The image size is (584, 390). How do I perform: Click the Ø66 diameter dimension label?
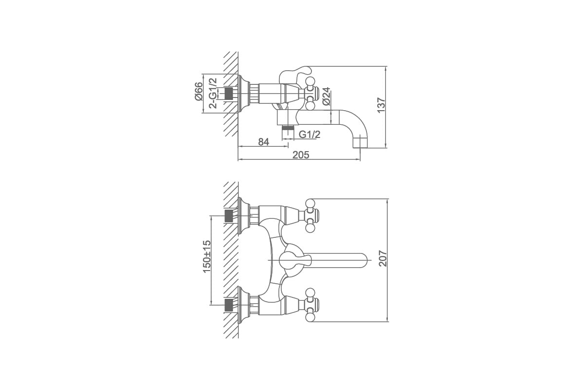tap(199, 91)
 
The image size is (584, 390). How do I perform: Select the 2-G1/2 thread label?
tap(213, 93)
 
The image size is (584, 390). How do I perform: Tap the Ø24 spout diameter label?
tap(326, 96)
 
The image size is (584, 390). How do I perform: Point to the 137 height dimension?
tap(381, 105)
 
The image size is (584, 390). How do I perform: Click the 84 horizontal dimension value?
tap(264, 142)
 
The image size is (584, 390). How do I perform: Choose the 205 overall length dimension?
tap(301, 155)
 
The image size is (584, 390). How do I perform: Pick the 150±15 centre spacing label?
tap(206, 256)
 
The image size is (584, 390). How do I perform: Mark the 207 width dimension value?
tap(383, 258)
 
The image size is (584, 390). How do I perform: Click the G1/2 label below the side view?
tap(310, 135)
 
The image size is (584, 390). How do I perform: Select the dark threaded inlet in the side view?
tap(228, 93)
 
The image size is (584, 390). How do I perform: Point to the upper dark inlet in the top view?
tap(228, 216)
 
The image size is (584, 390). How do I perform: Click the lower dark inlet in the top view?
tap(228, 305)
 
